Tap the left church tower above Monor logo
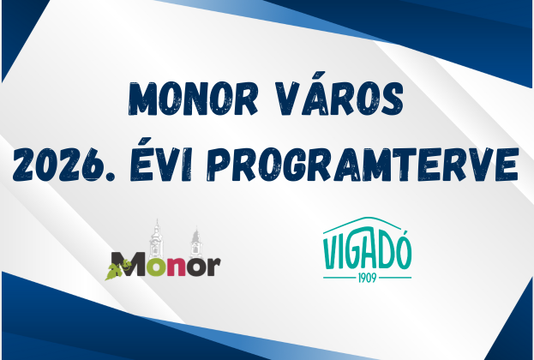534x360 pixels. click(x=156, y=236)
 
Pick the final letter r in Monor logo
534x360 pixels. click(x=213, y=267)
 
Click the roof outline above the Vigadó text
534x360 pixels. click(x=366, y=224)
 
